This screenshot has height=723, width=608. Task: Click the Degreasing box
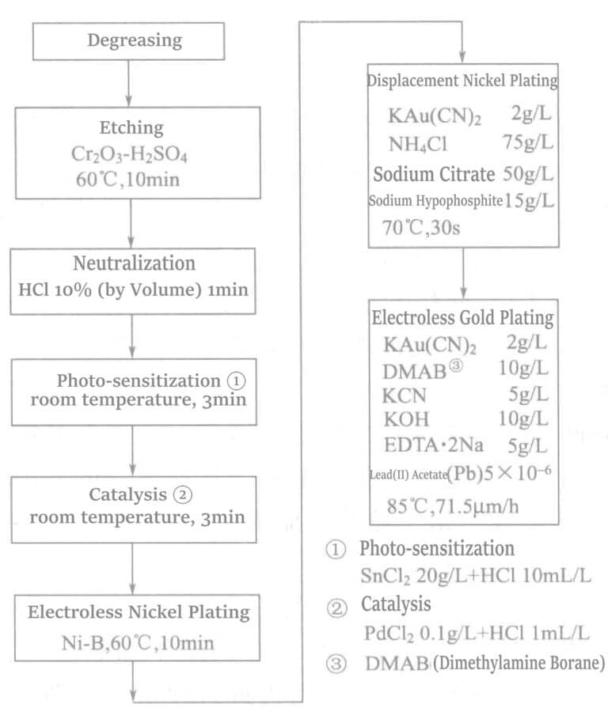click(135, 40)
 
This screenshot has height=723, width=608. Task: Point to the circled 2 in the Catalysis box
click(183, 495)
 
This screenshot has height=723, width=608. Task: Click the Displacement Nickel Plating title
click(462, 81)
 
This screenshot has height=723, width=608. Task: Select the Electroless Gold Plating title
click(462, 318)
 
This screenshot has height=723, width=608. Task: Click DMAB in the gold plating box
click(413, 370)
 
